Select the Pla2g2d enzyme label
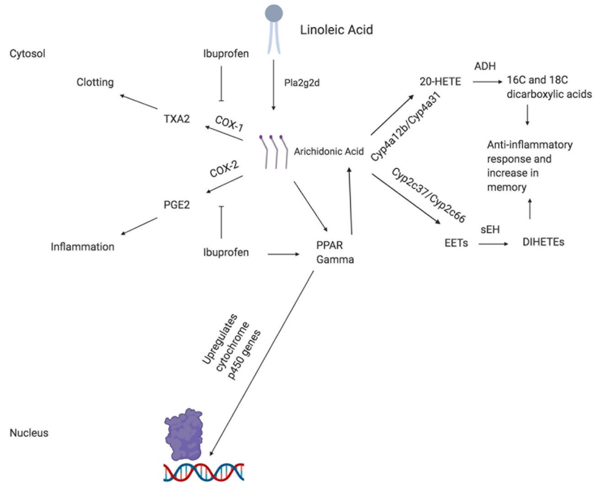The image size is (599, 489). click(302, 83)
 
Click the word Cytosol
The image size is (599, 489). click(27, 53)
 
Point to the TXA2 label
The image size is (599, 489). click(177, 119)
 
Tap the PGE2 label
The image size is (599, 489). click(177, 205)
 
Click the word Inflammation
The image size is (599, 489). click(82, 247)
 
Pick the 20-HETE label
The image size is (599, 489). click(440, 82)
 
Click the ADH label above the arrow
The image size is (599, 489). click(485, 66)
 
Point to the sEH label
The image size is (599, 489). click(490, 230)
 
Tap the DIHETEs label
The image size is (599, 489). click(543, 242)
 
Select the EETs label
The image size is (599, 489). click(456, 243)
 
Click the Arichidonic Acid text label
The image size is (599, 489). click(329, 151)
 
